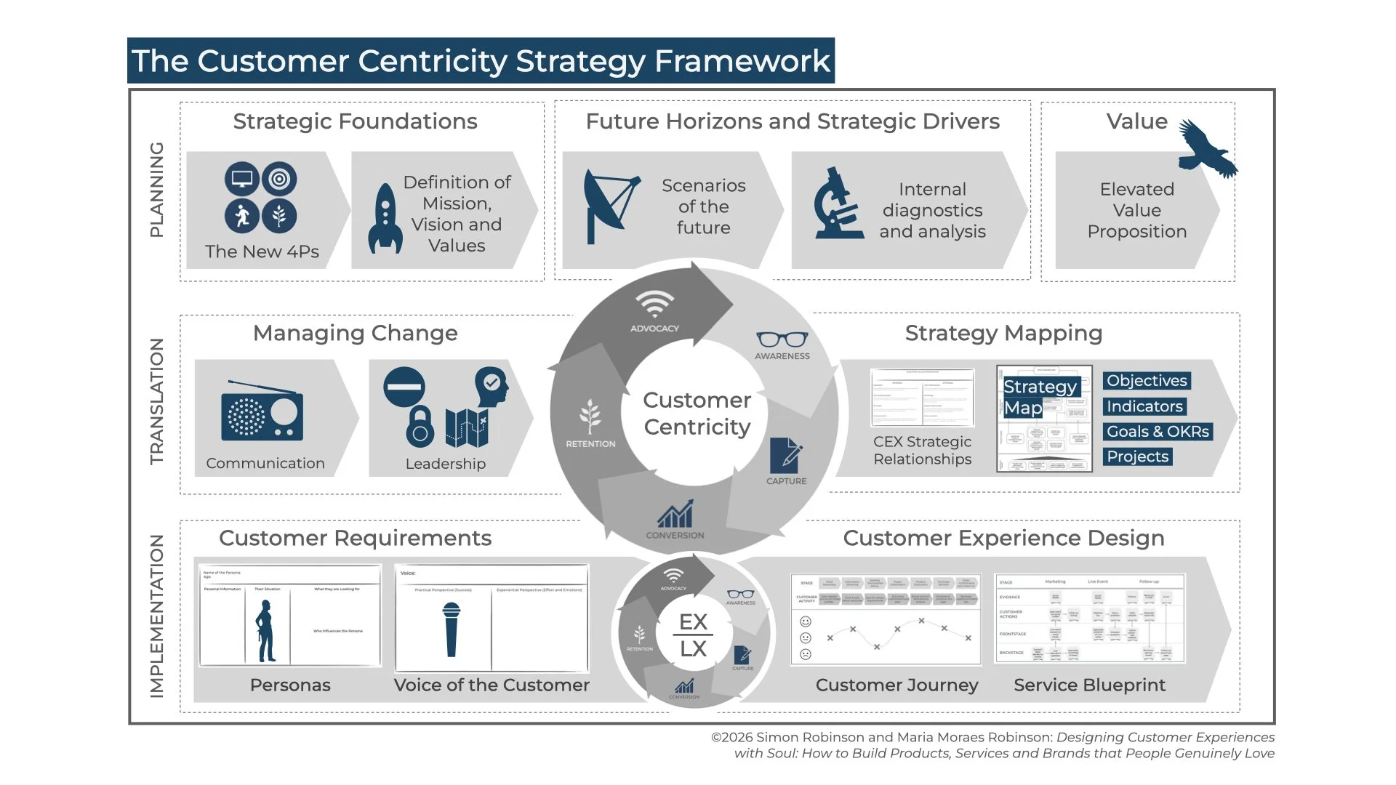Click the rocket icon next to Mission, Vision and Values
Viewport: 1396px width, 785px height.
coord(385,218)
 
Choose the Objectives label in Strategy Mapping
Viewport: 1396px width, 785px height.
coord(1147,381)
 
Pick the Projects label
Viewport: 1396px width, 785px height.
coord(1138,456)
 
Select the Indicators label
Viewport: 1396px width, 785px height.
coord(1144,406)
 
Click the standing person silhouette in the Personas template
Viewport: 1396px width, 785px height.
coord(265,630)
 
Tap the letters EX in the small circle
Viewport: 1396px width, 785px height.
coord(693,622)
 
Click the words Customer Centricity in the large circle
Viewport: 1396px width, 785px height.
coord(697,413)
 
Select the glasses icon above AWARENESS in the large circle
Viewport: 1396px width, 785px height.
coord(782,339)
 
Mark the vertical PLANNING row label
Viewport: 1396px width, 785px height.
coord(156,190)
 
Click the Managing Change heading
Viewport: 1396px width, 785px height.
coord(355,333)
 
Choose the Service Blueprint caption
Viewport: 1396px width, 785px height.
coord(1089,685)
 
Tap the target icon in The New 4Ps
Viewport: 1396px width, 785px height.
coord(279,179)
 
